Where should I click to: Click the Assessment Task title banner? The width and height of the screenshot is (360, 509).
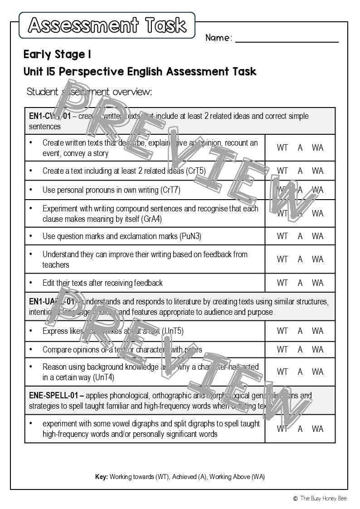[107, 25]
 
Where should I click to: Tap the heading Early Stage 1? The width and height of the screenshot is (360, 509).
[57, 55]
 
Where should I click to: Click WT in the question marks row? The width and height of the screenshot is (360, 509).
[282, 236]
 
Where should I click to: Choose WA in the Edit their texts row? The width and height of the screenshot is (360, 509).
[317, 283]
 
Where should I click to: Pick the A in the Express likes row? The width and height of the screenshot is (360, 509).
[300, 331]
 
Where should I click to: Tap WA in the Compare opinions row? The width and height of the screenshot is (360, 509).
[317, 349]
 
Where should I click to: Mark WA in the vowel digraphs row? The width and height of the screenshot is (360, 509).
[317, 429]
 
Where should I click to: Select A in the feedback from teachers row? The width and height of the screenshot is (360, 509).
[300, 259]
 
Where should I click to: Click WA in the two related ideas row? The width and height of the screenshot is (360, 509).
[317, 171]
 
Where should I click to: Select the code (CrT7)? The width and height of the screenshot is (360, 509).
[170, 190]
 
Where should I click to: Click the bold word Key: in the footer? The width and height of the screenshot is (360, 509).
[101, 477]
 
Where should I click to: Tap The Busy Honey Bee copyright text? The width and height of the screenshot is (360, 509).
[323, 498]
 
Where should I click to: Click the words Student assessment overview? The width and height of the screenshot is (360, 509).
[89, 92]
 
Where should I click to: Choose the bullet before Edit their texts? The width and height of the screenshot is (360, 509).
[31, 283]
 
